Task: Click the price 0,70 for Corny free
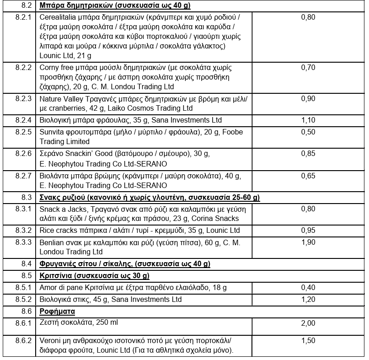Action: [308, 68]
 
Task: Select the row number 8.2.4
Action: [23, 120]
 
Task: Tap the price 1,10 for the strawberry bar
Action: [308, 120]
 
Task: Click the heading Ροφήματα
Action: [57, 312]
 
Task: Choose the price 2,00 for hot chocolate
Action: [308, 323]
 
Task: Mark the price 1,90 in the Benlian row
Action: [308, 242]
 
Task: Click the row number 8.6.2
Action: [23, 341]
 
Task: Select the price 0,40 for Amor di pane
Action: [308, 288]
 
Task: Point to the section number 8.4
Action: [27, 264]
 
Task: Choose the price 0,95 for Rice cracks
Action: [308, 230]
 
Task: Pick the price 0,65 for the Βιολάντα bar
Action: [308, 176]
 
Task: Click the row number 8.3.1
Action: [23, 209]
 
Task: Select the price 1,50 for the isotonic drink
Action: [308, 341]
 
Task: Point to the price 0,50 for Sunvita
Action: [308, 132]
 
